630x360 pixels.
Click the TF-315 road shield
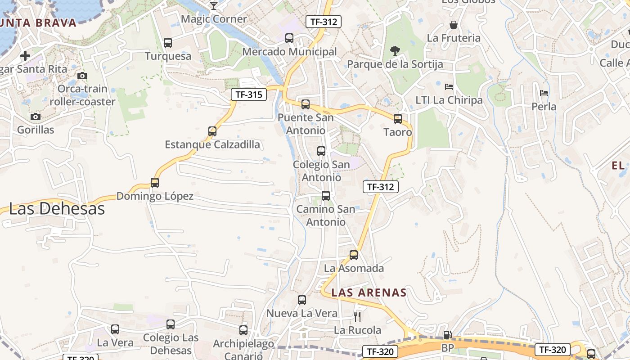tap(249, 94)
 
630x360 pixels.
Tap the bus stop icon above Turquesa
tap(168, 43)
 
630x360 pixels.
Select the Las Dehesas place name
tap(57, 209)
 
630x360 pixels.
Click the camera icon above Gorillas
tap(36, 117)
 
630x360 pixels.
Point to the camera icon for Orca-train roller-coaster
tap(82, 76)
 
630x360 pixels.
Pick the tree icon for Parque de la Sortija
tap(395, 51)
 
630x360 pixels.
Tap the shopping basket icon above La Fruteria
tap(454, 25)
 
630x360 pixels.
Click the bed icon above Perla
tap(544, 94)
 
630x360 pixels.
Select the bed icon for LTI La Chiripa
tap(449, 87)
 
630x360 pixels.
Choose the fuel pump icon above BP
tap(447, 334)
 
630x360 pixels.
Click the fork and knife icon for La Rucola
tap(357, 316)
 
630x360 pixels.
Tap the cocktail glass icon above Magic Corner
tap(214, 6)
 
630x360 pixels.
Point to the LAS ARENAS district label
tap(369, 292)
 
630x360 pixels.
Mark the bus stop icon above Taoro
tap(398, 119)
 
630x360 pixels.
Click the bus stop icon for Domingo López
tap(155, 183)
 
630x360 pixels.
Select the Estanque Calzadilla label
tap(212, 144)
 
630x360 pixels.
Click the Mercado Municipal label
tap(289, 52)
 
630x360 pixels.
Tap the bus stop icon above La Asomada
tap(354, 255)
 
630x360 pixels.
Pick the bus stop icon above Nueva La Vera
tap(302, 300)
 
